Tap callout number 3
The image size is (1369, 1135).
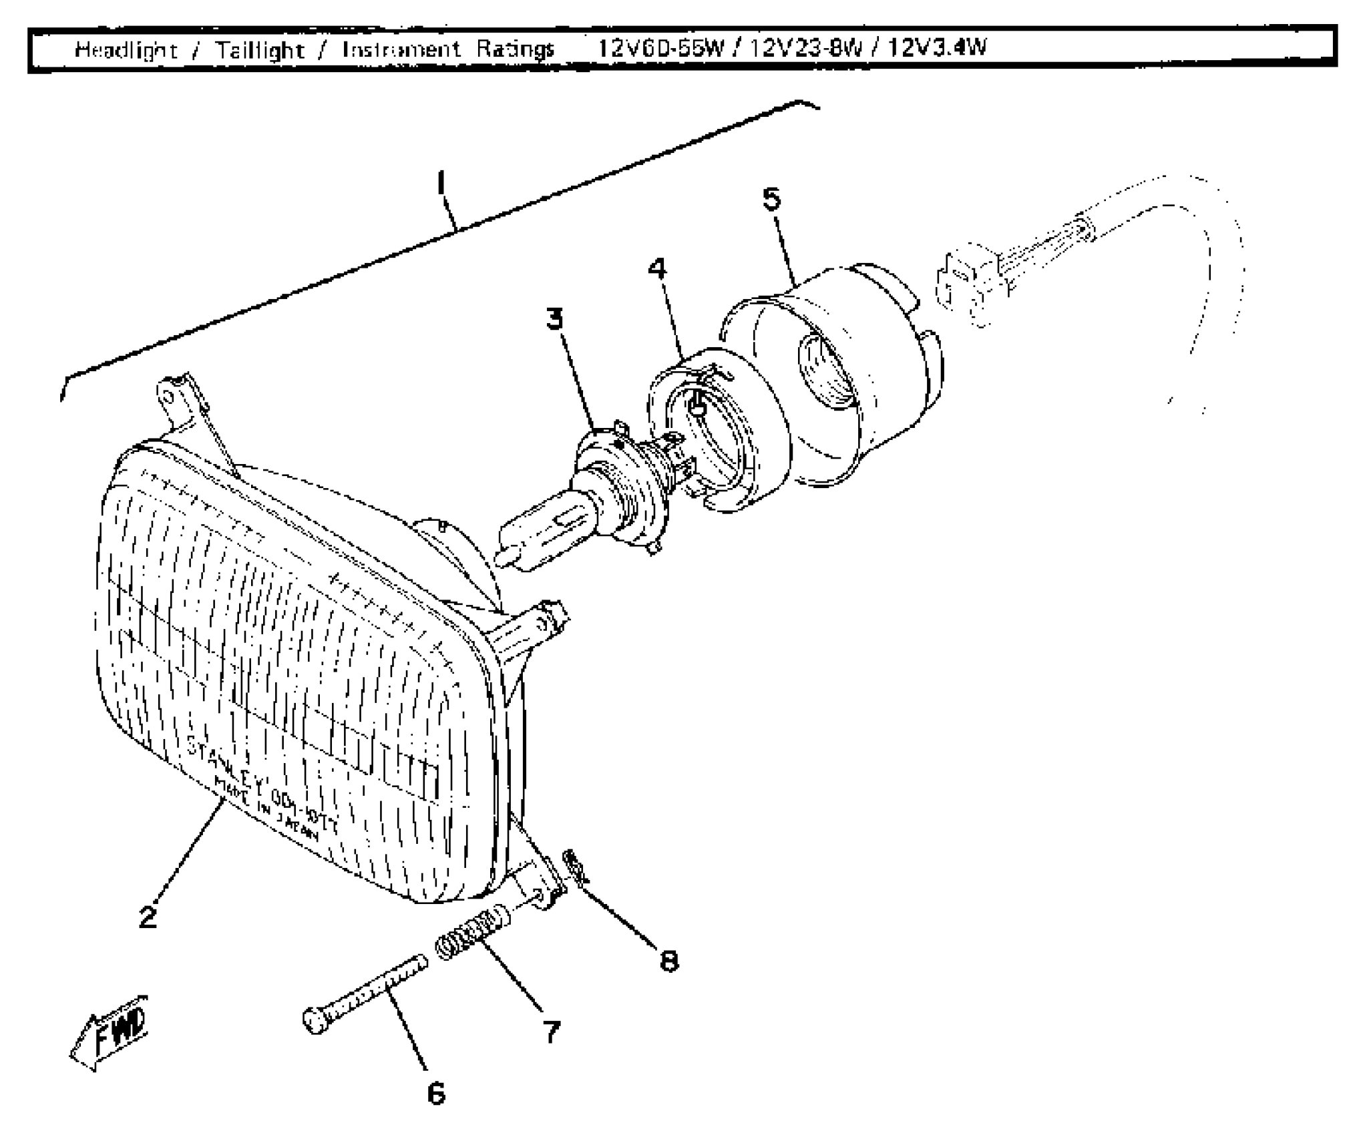pyautogui.click(x=554, y=318)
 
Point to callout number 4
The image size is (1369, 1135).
pyautogui.click(x=657, y=268)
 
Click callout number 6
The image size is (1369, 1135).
pyautogui.click(x=435, y=1093)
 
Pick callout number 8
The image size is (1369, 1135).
pyautogui.click(x=668, y=961)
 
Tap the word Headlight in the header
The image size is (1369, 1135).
pyautogui.click(x=126, y=49)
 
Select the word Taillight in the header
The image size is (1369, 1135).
pyautogui.click(x=260, y=49)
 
